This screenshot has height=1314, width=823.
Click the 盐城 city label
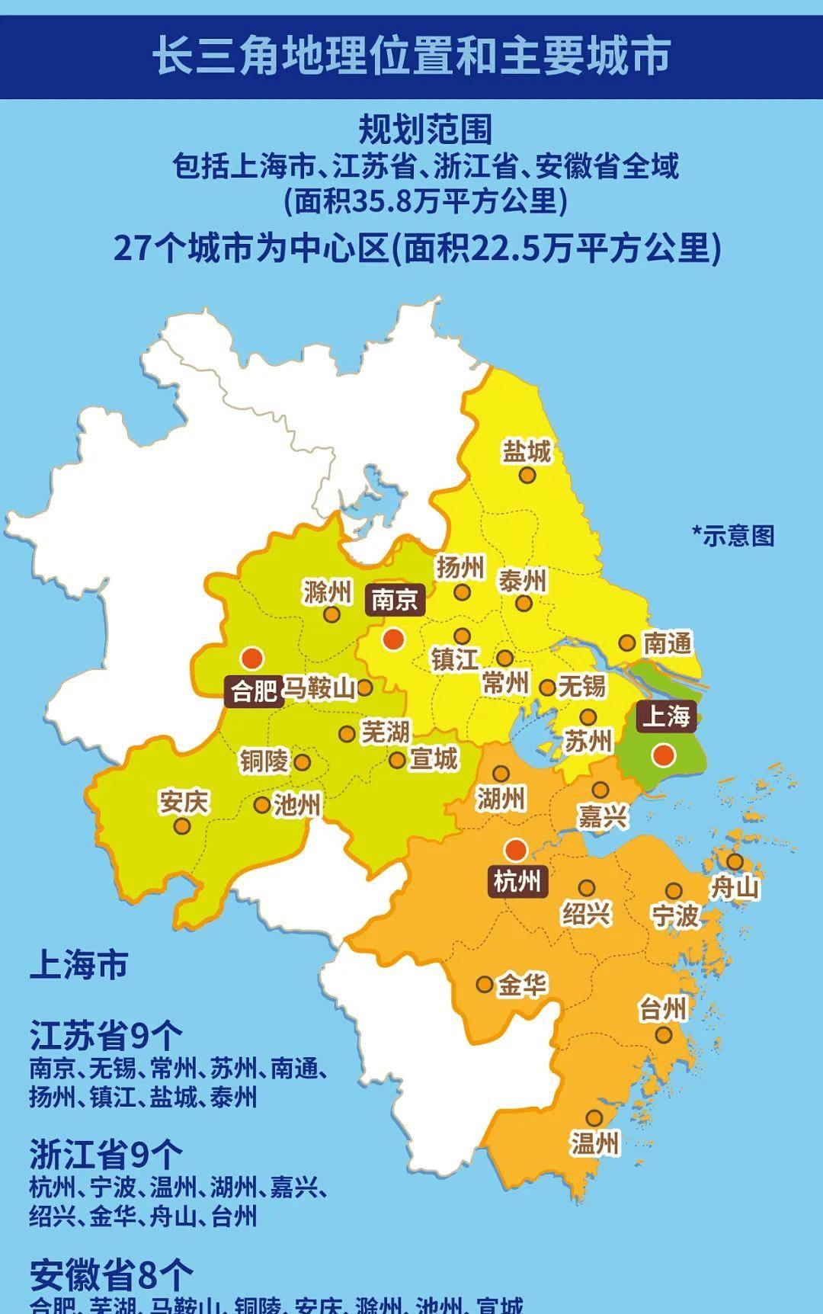pyautogui.click(x=526, y=451)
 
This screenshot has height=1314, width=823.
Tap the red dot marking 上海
pyautogui.click(x=664, y=755)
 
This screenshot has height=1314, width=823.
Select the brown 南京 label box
pyautogui.click(x=394, y=600)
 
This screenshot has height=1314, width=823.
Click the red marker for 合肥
pyautogui.click(x=251, y=658)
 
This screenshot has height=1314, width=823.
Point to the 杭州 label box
pyautogui.click(x=517, y=881)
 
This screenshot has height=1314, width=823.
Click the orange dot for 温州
pyautogui.click(x=594, y=1118)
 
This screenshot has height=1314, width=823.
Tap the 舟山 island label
pyautogui.click(x=735, y=887)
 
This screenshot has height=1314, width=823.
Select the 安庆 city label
pyautogui.click(x=184, y=802)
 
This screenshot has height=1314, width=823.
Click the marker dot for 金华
pyautogui.click(x=484, y=984)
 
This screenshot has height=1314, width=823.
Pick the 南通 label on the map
pyautogui.click(x=668, y=643)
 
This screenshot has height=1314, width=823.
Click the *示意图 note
pyautogui.click(x=733, y=535)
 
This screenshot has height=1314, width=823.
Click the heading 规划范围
pyautogui.click(x=425, y=130)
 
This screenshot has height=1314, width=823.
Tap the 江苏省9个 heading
pyautogui.click(x=106, y=1036)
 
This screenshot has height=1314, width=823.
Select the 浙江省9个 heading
pyautogui.click(x=106, y=1155)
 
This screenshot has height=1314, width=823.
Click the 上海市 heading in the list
pyautogui.click(x=78, y=965)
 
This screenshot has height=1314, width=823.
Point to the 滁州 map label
pyautogui.click(x=327, y=591)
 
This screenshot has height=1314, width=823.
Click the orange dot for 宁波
pyautogui.click(x=674, y=891)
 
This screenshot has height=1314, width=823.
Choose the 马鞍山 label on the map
pyautogui.click(x=319, y=689)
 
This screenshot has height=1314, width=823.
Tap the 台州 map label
pyautogui.click(x=662, y=1010)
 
